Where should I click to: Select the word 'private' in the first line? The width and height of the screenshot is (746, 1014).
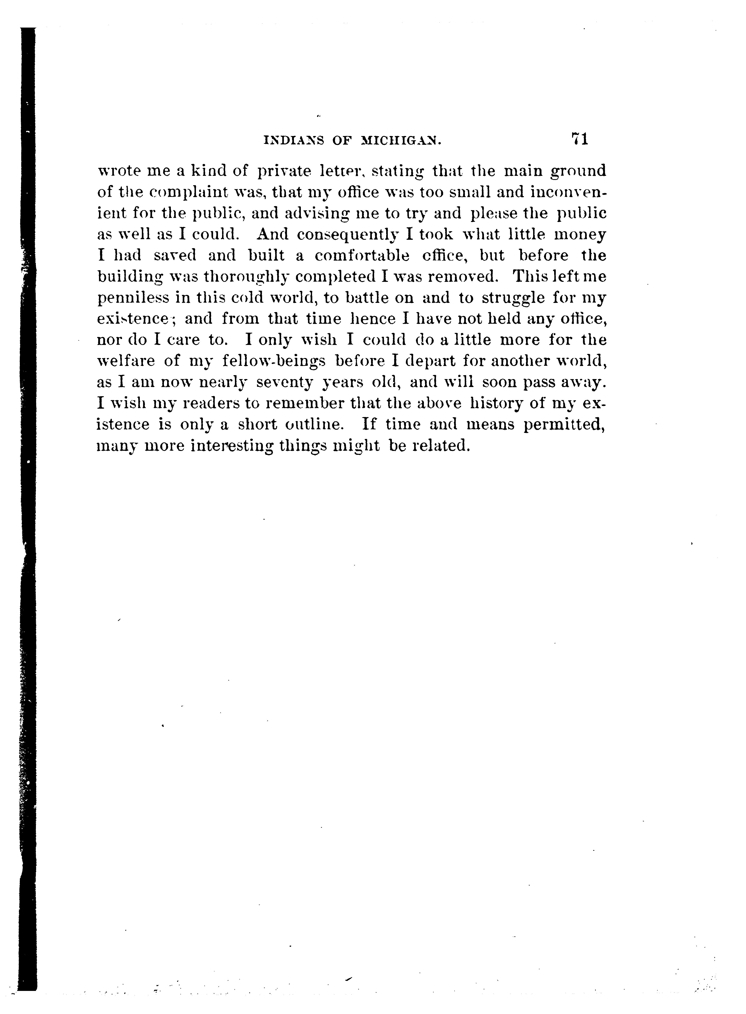[x=285, y=172]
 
